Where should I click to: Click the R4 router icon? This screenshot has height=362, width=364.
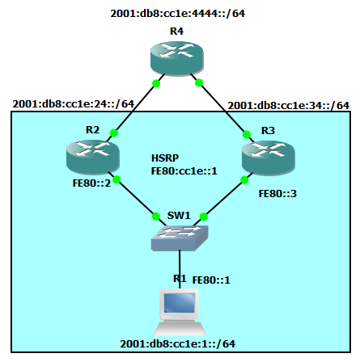(x=176, y=58)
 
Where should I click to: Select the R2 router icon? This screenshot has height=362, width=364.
(x=93, y=157)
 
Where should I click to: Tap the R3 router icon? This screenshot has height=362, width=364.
(x=269, y=158)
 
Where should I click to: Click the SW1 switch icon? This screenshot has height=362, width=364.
(x=180, y=238)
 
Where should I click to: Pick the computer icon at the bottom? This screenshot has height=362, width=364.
(x=180, y=312)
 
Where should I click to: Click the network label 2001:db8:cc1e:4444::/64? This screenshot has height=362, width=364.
(x=178, y=14)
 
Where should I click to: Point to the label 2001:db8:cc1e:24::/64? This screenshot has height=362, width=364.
(x=74, y=104)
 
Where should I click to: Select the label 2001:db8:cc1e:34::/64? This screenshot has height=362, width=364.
(x=289, y=105)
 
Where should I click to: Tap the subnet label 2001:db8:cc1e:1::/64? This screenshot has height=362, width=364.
(x=178, y=344)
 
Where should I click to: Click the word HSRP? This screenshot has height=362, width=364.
(x=165, y=158)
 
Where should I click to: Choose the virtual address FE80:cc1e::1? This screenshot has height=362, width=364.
(x=184, y=171)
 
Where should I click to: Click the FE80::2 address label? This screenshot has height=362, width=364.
(x=91, y=183)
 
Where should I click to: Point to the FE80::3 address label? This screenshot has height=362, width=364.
(x=277, y=194)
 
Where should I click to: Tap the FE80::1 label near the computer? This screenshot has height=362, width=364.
(x=211, y=280)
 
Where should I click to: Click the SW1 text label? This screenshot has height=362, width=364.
(x=179, y=216)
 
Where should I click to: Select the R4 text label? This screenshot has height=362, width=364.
(x=176, y=32)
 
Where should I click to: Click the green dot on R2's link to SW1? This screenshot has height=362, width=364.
(x=116, y=179)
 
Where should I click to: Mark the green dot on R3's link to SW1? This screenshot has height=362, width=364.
(x=244, y=180)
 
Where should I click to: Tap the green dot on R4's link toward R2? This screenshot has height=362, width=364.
(x=156, y=83)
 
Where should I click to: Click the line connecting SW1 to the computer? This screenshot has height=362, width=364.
(x=180, y=269)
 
